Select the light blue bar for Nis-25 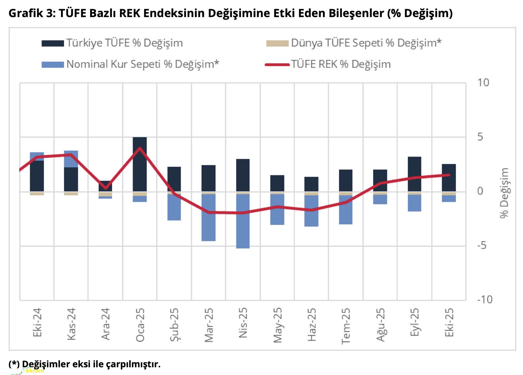tap(243, 221)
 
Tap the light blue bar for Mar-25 tap(209, 217)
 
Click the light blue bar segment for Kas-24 tap(71, 159)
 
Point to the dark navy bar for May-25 tap(277, 183)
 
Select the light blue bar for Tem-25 tap(346, 210)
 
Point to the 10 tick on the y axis tap(483, 83)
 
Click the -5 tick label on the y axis tap(482, 246)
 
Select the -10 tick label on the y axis tap(484, 299)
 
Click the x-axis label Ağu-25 tap(381, 325)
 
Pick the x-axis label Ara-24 tap(106, 324)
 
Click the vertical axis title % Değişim tap(504, 193)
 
